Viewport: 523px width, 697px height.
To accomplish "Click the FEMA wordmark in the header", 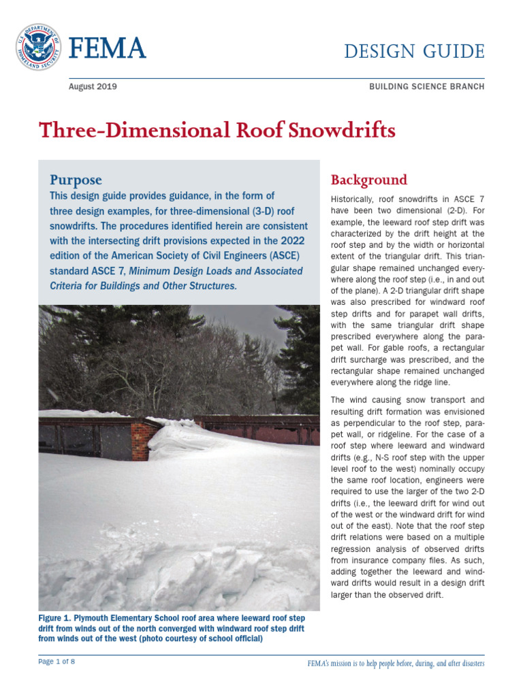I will pyautogui.click(x=108, y=49).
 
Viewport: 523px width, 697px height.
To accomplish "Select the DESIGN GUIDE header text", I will pyautogui.click(x=414, y=51).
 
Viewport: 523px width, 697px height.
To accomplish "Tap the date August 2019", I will pyautogui.click(x=93, y=86).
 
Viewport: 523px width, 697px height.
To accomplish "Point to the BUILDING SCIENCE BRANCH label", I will pyautogui.click(x=426, y=87).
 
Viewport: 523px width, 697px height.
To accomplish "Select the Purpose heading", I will pyautogui.click(x=76, y=180).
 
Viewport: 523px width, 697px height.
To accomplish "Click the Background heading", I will pyautogui.click(x=368, y=180).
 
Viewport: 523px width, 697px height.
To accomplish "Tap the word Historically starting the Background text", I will pyautogui.click(x=355, y=199).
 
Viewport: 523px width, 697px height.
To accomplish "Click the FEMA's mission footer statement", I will pyautogui.click(x=396, y=663).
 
